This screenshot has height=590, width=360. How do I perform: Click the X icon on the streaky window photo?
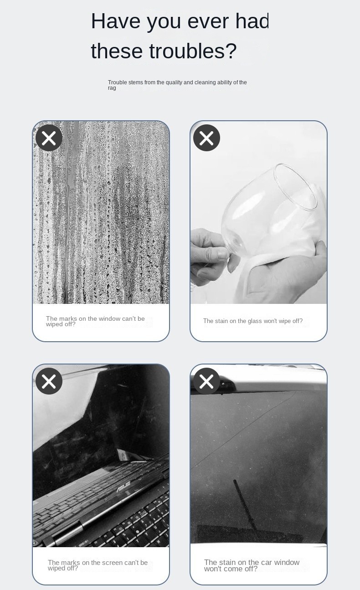[x=49, y=138]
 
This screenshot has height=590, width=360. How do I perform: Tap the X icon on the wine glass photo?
[x=206, y=138]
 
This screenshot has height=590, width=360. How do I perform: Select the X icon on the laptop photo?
[x=49, y=381]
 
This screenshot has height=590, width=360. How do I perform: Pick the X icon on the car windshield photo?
[x=206, y=381]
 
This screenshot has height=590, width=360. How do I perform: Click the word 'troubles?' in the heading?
[x=193, y=51]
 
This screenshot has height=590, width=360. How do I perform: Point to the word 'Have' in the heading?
[x=115, y=21]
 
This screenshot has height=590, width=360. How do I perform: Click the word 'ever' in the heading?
[x=208, y=21]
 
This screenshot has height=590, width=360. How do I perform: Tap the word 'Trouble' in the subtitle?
[x=118, y=82]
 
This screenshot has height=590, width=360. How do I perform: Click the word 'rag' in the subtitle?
[x=112, y=88]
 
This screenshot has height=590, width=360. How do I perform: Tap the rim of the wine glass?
[x=295, y=186]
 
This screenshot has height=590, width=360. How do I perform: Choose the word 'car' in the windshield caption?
[x=266, y=563]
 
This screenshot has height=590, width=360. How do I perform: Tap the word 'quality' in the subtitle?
[x=174, y=83]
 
